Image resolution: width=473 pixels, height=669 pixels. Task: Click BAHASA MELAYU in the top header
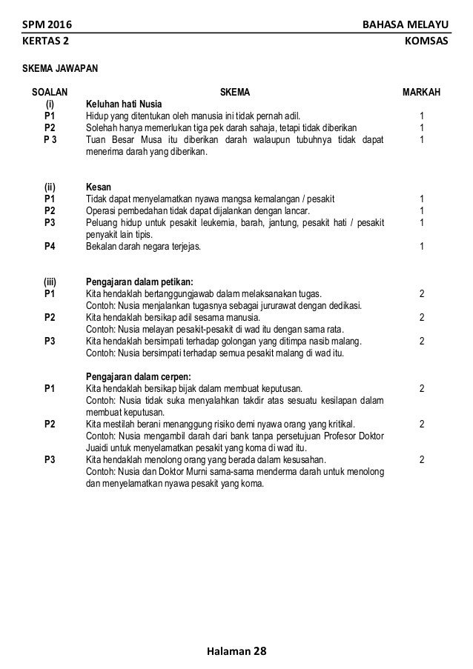pos(406,27)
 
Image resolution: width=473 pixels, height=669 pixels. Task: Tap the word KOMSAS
pos(426,44)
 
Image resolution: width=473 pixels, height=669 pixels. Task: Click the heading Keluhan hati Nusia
pos(125,104)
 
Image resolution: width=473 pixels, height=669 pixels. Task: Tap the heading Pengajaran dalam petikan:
pos(139,282)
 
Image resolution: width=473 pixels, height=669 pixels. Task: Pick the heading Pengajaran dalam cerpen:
pos(139,376)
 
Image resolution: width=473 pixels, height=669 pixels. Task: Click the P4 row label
pos(50,246)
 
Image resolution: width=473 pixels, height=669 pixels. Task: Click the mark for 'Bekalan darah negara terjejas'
pos(421,246)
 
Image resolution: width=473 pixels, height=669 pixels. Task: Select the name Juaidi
pos(102,447)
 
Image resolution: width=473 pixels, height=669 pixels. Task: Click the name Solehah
pos(103,127)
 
